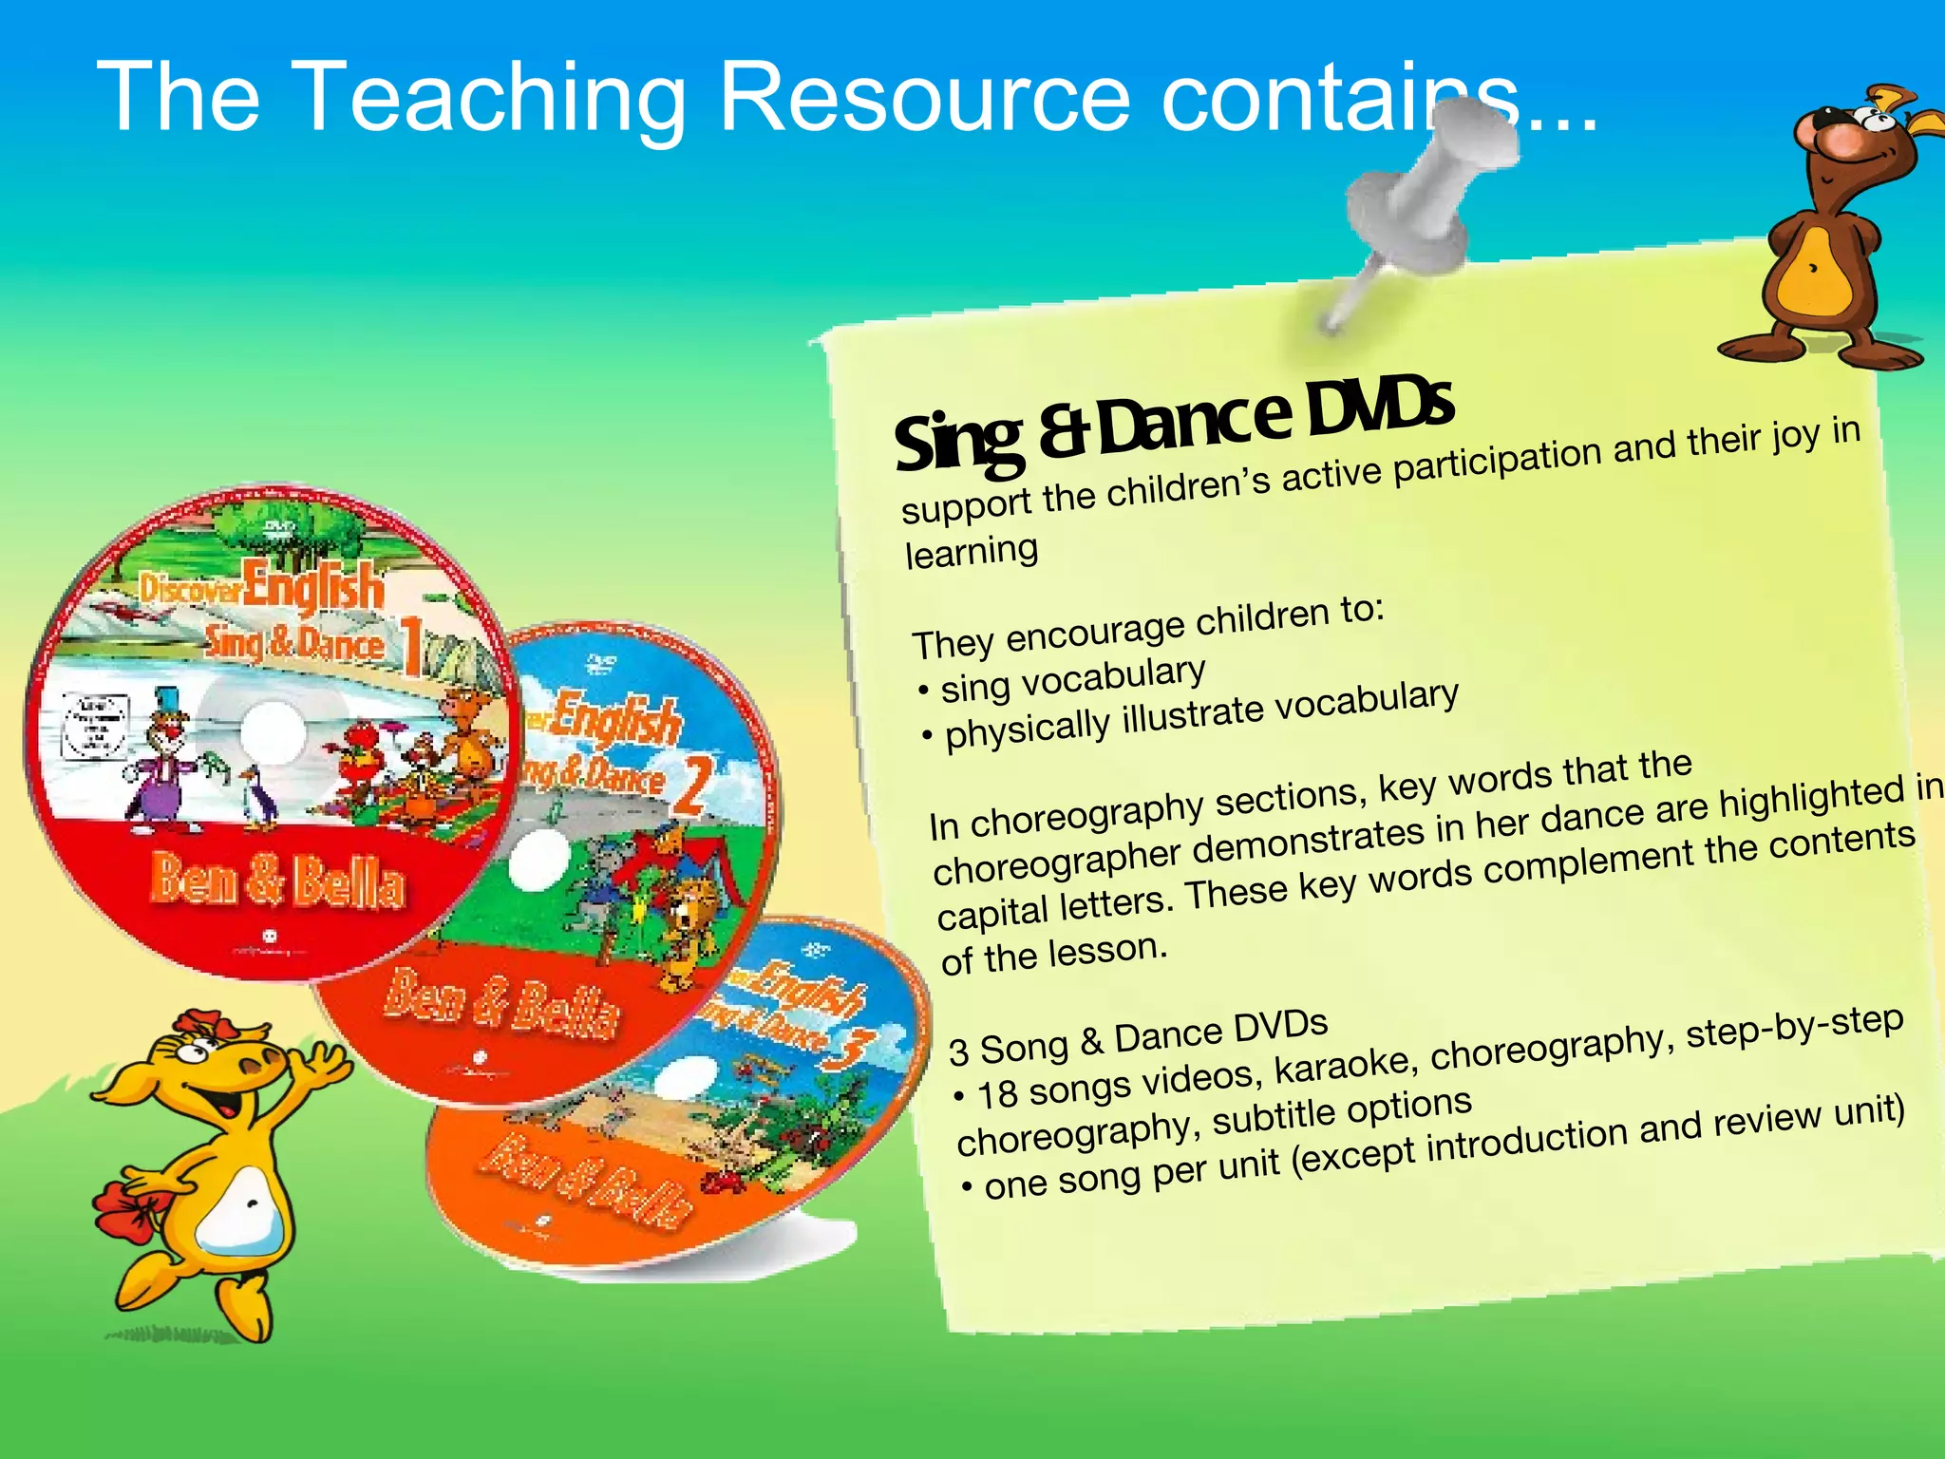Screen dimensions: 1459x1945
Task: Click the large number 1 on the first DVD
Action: pos(410,646)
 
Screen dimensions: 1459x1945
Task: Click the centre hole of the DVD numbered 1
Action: pos(273,732)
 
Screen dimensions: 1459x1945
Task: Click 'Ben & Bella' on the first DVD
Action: pos(277,881)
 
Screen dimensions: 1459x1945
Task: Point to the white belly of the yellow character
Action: pos(243,1211)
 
